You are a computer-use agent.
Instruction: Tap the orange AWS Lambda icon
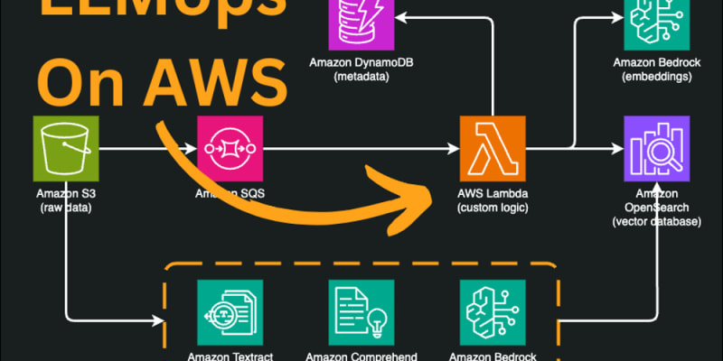tap(492, 146)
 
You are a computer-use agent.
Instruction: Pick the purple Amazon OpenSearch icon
tap(654, 146)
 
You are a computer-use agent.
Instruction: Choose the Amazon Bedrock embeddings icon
tap(654, 23)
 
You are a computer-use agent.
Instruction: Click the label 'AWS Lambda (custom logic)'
tap(493, 200)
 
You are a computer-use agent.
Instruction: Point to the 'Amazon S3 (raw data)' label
tap(66, 200)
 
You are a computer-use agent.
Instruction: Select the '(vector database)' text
tap(654, 221)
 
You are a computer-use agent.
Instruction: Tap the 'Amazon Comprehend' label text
tap(361, 356)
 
